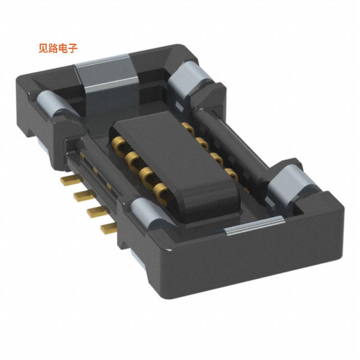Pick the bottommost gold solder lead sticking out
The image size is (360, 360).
pyautogui.click(x=108, y=228)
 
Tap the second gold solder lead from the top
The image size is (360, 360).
pyautogui.click(x=81, y=195)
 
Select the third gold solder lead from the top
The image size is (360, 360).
pyautogui.click(x=94, y=211)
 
